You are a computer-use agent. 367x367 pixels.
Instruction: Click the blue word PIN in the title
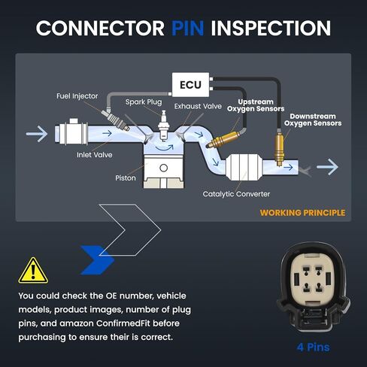pyautogui.click(x=188, y=28)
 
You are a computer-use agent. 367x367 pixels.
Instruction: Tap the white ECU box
pyautogui.click(x=190, y=85)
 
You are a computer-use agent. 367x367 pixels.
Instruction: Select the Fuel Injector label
pyautogui.click(x=77, y=96)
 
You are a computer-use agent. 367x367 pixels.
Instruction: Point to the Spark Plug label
pyautogui.click(x=144, y=102)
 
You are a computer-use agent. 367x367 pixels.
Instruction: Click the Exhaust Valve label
pyautogui.click(x=198, y=106)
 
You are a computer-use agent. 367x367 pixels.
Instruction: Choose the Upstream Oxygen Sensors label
pyautogui.click(x=256, y=105)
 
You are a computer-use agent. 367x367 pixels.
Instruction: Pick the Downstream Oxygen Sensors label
pyautogui.click(x=313, y=120)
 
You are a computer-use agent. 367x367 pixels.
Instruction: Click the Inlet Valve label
pyautogui.click(x=95, y=155)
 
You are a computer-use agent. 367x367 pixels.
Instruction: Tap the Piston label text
pyautogui.click(x=126, y=178)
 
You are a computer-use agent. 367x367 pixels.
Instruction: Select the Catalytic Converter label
pyautogui.click(x=236, y=194)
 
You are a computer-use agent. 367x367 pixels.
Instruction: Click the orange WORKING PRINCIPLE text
pyautogui.click(x=302, y=213)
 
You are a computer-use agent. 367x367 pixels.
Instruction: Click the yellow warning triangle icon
pyautogui.click(x=33, y=271)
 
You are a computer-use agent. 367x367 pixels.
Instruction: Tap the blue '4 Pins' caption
pyautogui.click(x=314, y=347)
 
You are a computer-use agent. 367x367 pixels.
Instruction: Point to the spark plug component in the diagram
pyautogui.click(x=164, y=126)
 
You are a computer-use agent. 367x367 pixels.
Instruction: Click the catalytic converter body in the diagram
pyautogui.click(x=244, y=167)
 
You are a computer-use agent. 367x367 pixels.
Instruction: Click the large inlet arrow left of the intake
pyautogui.click(x=37, y=134)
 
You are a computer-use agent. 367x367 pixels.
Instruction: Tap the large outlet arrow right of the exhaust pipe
pyautogui.click(x=327, y=167)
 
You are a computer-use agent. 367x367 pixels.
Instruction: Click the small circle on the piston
pyautogui.click(x=163, y=168)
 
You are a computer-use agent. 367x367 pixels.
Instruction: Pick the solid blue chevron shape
pyautogui.click(x=97, y=260)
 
